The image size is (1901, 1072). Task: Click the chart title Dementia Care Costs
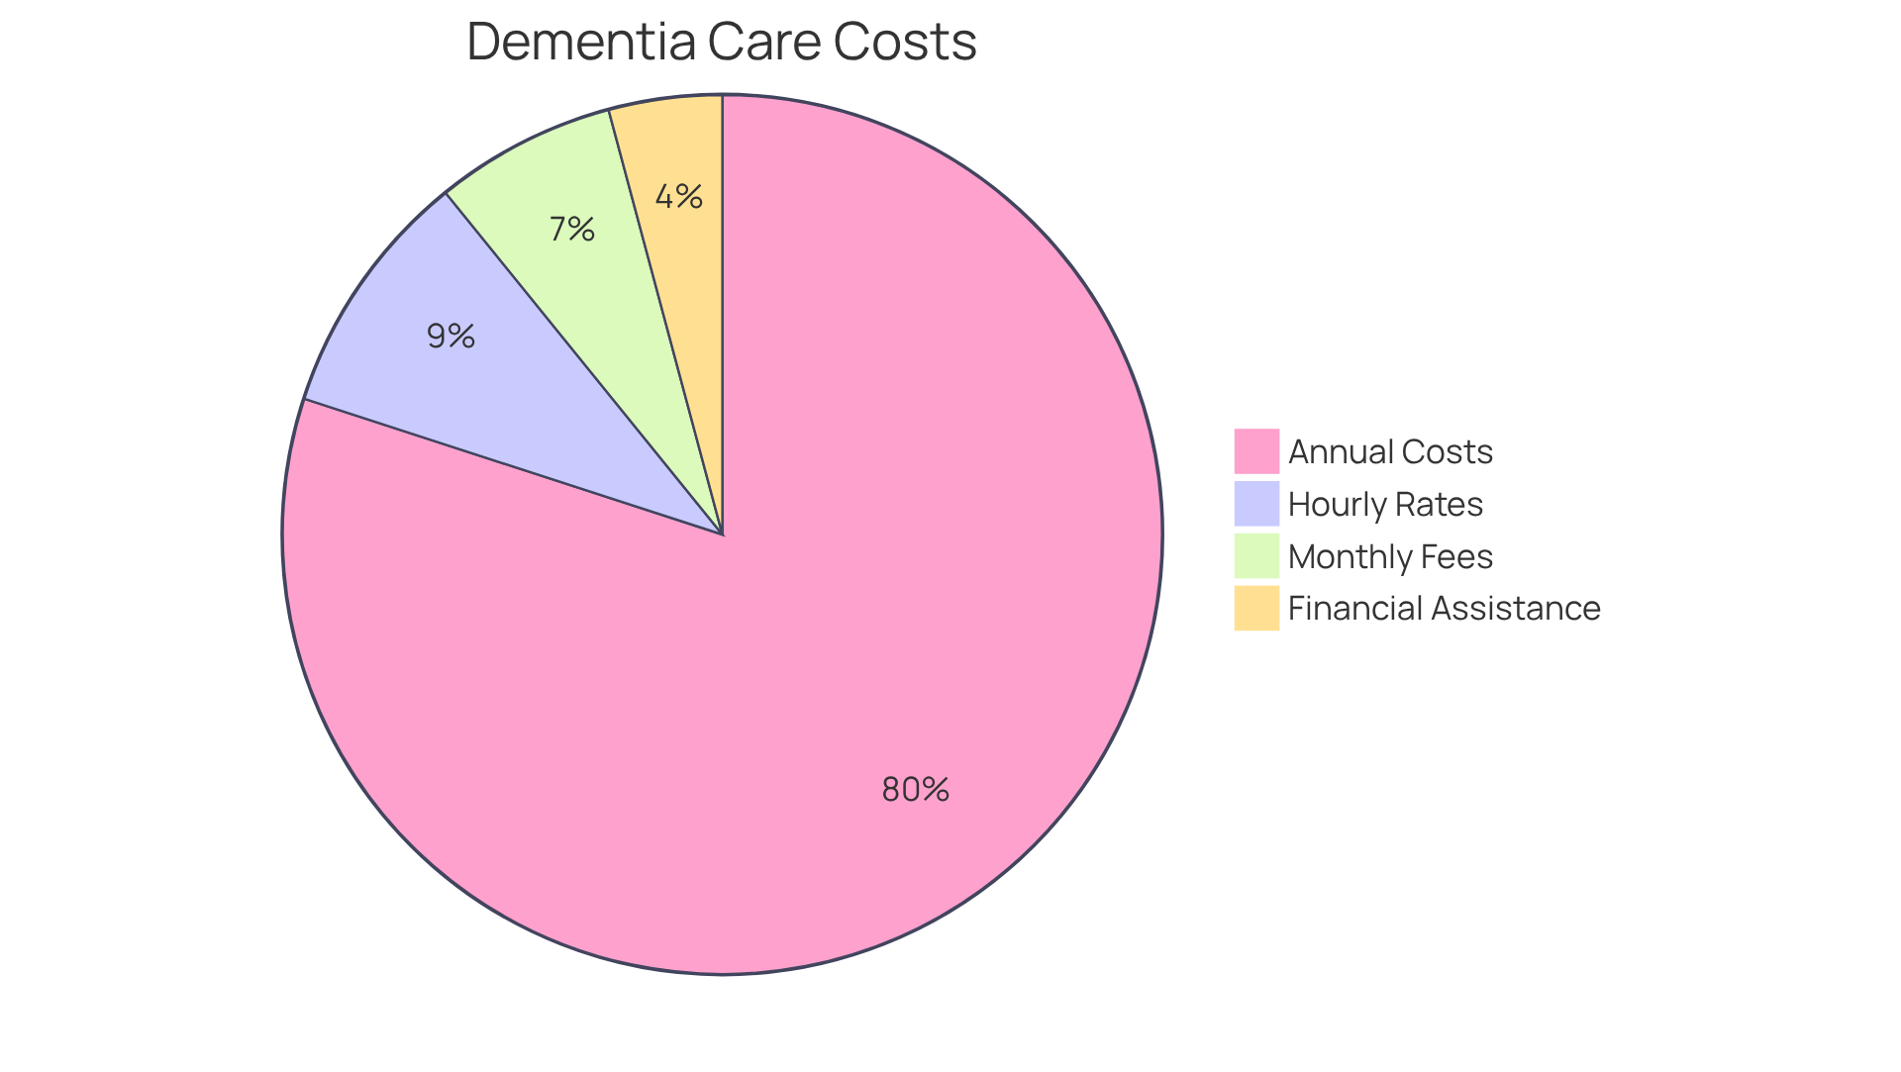click(722, 42)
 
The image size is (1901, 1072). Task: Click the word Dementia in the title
click(580, 42)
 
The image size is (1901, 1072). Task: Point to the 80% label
click(916, 790)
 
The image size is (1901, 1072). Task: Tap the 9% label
click(451, 337)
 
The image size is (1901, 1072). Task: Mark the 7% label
click(572, 230)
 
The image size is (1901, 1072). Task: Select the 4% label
click(679, 197)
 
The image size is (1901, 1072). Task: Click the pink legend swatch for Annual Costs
click(1256, 451)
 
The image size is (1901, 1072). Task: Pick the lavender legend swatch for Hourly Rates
click(1256, 504)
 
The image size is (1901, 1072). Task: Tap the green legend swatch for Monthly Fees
click(1256, 556)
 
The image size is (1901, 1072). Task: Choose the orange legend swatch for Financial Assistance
click(1256, 608)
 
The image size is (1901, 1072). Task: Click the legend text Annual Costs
click(1390, 451)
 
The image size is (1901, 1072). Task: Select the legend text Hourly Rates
click(1385, 504)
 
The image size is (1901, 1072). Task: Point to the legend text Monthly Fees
click(1390, 556)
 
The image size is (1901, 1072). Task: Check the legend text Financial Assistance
click(1444, 608)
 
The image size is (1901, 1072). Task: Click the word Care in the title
click(762, 42)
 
